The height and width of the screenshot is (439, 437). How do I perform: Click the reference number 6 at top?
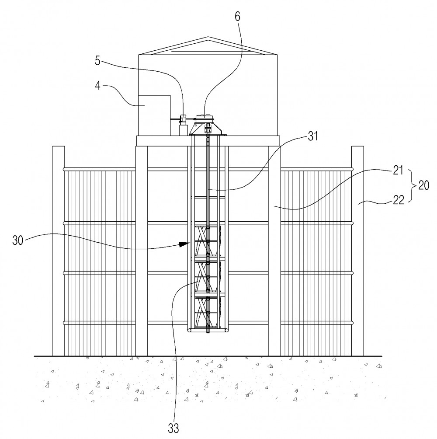click(237, 17)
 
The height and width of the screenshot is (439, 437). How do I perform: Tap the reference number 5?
click(97, 60)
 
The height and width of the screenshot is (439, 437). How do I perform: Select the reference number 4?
click(97, 85)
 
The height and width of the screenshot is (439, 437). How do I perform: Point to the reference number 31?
click(313, 136)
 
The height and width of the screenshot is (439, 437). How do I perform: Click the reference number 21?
click(398, 170)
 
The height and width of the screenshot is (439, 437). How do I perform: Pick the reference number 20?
click(423, 185)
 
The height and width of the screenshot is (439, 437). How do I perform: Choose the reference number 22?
click(399, 200)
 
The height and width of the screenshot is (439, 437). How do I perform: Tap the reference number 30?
click(17, 240)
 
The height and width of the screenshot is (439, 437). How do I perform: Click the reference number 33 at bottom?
click(173, 428)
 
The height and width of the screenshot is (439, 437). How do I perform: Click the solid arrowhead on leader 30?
click(184, 244)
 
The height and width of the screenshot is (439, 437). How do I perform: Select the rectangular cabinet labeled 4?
click(154, 115)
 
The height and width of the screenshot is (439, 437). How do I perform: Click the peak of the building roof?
click(208, 37)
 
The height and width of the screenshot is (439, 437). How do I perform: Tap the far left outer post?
click(58, 251)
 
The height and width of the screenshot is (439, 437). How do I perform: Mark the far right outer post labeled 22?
click(357, 251)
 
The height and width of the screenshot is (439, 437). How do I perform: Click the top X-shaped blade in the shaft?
click(208, 241)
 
